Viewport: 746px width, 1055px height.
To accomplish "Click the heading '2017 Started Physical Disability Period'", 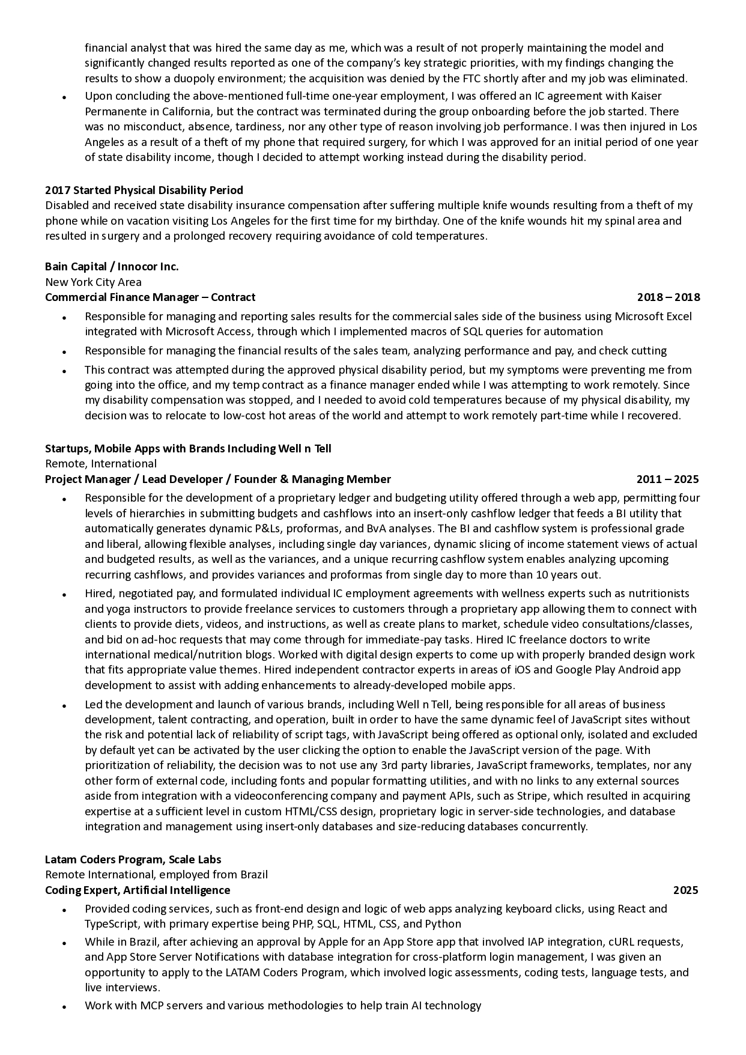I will (x=144, y=190).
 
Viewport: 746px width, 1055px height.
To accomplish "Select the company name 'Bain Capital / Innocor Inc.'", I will (x=112, y=267).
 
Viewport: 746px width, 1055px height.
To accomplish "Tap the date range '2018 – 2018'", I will (x=668, y=297).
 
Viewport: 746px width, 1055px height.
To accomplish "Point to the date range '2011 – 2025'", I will (x=668, y=479).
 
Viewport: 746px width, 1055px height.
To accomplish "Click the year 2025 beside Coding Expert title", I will (x=685, y=890).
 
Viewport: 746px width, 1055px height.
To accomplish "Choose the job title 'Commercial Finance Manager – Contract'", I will (x=150, y=297).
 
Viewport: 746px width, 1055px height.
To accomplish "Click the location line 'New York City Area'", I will (x=94, y=282).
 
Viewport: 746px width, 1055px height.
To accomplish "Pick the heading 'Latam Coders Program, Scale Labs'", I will (x=133, y=860).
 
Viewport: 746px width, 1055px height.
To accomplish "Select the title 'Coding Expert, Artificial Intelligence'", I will (x=138, y=890).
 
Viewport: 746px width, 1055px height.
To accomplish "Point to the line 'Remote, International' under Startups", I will (x=101, y=464).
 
